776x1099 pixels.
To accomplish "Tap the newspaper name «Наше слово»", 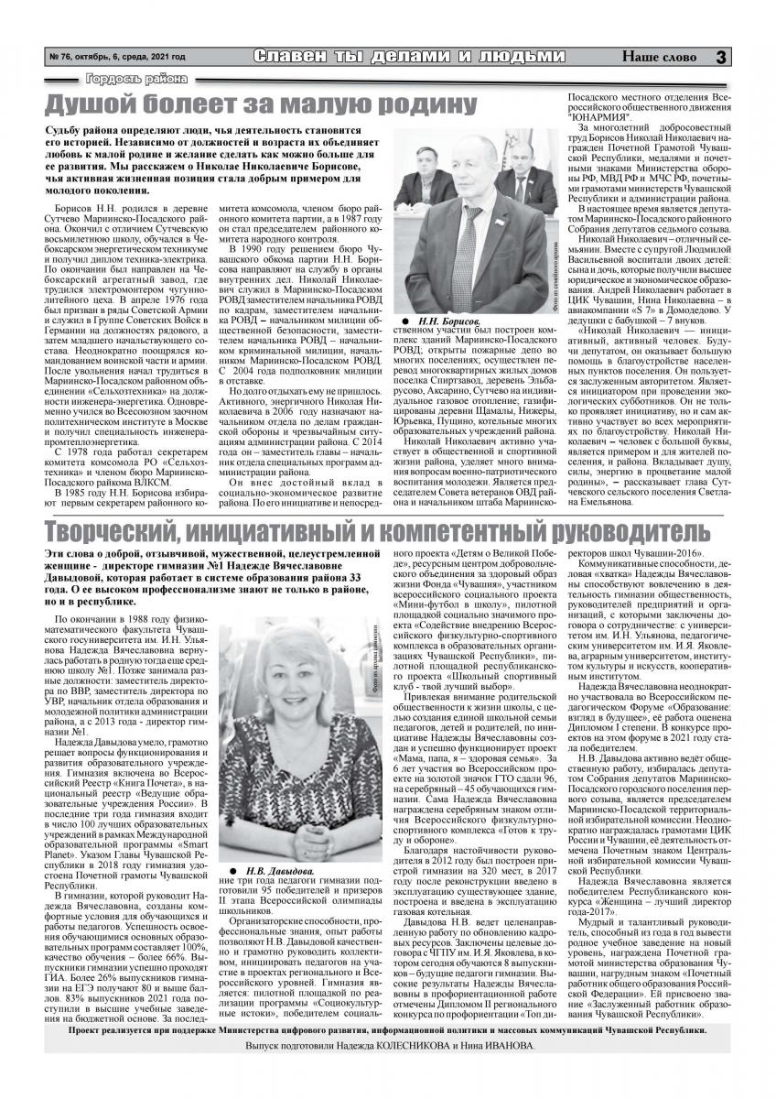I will tap(659, 58).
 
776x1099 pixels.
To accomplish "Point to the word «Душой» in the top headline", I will tap(94, 103).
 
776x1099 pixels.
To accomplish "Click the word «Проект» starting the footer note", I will tap(86, 1055).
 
